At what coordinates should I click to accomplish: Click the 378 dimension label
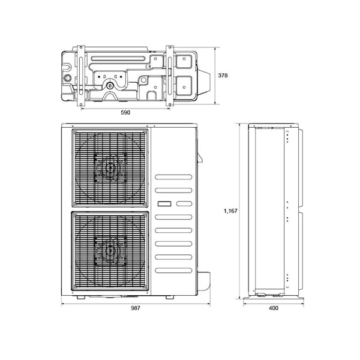[x=223, y=76]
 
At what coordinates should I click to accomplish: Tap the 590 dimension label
[x=125, y=113]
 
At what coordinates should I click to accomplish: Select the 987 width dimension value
[x=136, y=308]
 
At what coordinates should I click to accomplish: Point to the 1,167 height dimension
[x=230, y=211]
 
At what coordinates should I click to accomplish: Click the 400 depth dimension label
[x=274, y=308]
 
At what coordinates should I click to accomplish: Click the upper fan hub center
[x=110, y=167]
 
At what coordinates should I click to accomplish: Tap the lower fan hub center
[x=110, y=250]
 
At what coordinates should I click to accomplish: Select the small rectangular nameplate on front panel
[x=164, y=203]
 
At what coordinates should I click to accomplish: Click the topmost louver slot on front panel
[x=173, y=177]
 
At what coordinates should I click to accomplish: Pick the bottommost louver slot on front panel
[x=173, y=270]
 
